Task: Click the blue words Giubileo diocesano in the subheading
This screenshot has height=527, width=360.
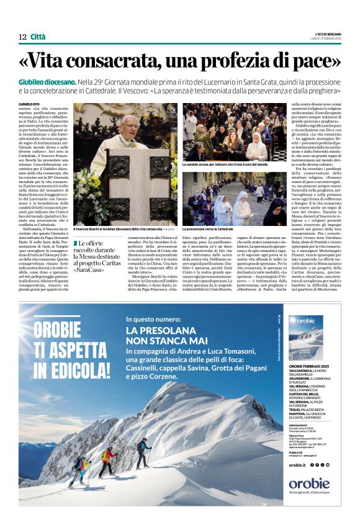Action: [x=56, y=83]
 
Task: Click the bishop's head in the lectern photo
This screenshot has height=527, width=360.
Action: [x=129, y=123]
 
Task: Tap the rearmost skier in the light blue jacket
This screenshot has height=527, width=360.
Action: [x=79, y=464]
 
